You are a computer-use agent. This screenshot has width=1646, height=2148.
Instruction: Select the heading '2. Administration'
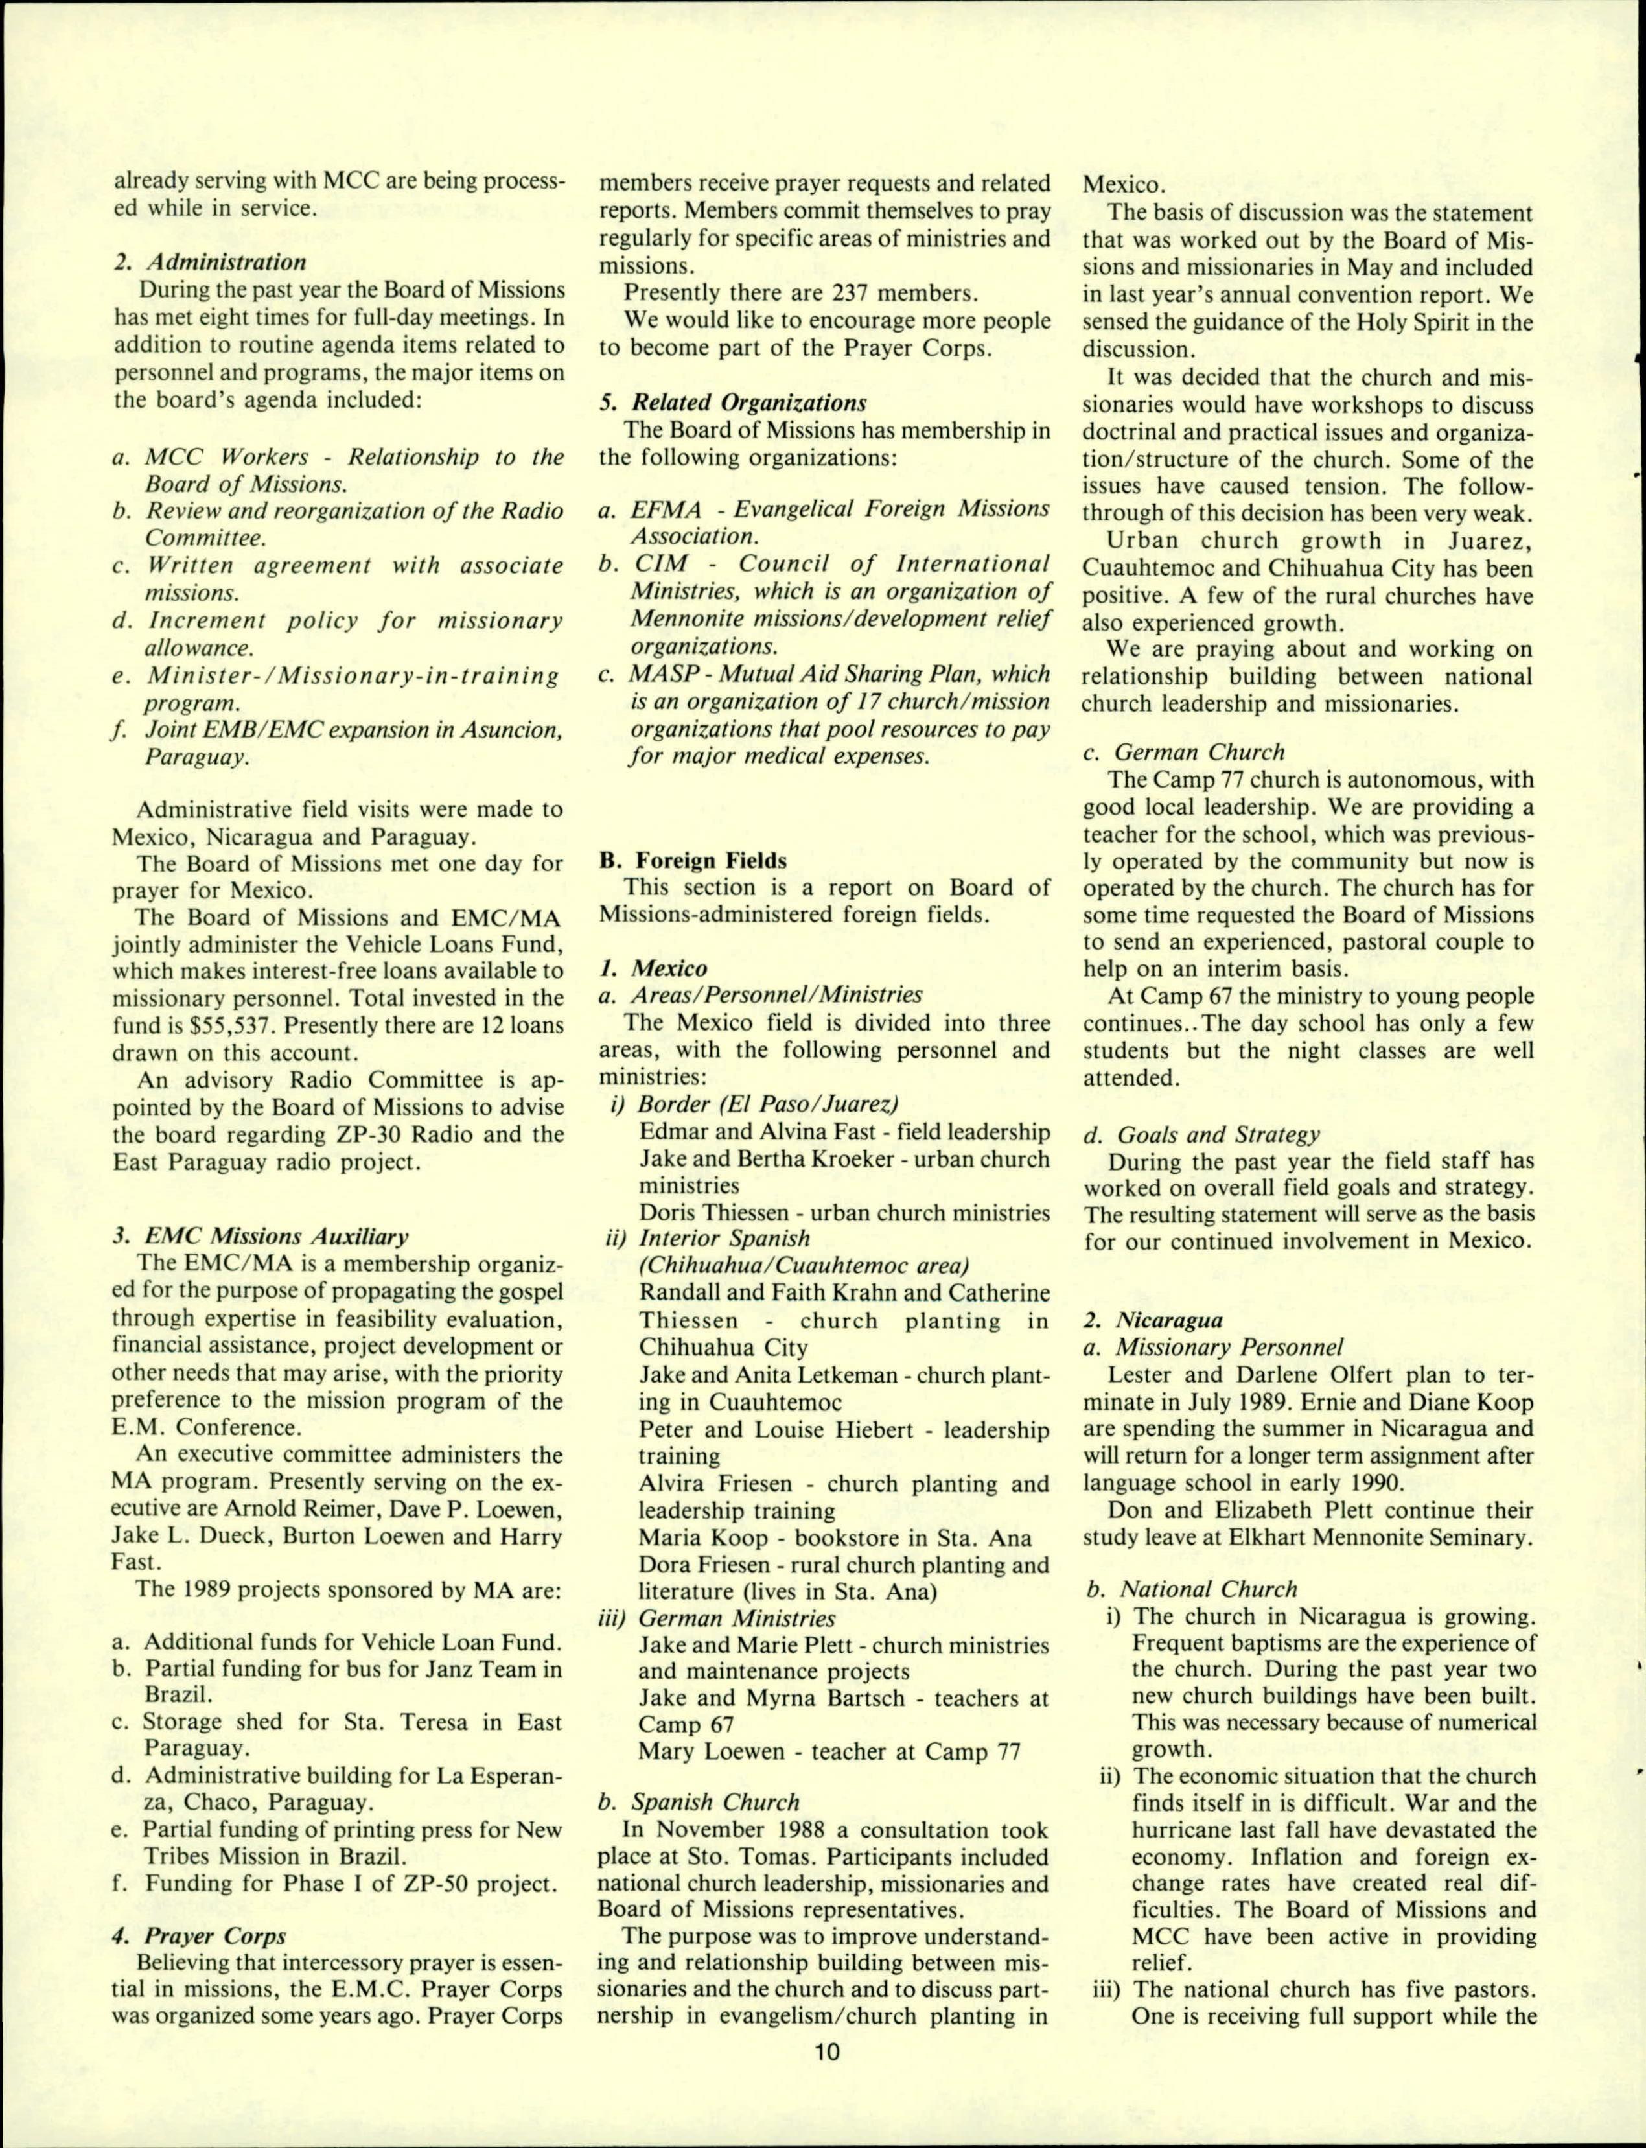coord(210,262)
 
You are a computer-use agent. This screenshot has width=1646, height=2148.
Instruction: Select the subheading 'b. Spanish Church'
coord(699,1773)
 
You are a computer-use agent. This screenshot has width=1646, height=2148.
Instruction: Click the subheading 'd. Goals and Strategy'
coord(1201,1135)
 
